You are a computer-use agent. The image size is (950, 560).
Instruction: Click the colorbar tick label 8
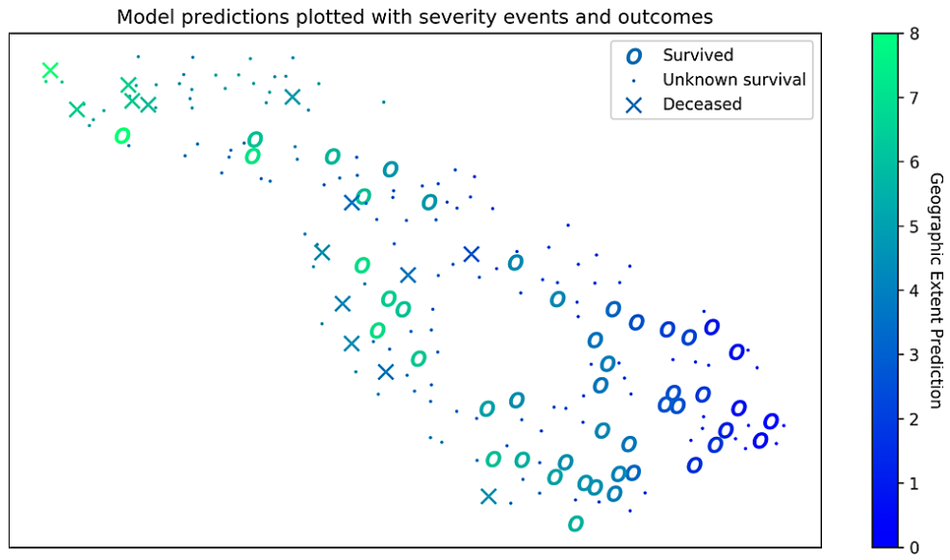coord(914,34)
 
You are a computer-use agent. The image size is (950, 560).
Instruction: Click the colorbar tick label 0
coord(914,547)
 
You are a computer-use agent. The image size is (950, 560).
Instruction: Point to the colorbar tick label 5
coord(914,227)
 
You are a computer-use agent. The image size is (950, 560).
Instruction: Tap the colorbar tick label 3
coord(914,355)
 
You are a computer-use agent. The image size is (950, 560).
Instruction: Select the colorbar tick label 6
coord(914,163)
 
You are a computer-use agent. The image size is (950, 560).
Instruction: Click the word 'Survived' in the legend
coord(698,55)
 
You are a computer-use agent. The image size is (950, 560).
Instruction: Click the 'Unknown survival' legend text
coord(734,80)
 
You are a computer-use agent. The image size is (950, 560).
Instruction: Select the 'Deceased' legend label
coord(703,104)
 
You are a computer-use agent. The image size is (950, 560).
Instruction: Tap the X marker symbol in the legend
coord(633,105)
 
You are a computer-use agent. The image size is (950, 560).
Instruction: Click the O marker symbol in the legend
coord(633,57)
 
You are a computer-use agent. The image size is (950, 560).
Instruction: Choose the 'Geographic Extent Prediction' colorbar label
coord(936,291)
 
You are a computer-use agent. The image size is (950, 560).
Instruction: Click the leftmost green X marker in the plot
coord(50,71)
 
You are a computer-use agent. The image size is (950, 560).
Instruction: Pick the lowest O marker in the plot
coord(577,523)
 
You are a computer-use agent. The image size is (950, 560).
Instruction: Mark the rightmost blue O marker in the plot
coord(771,421)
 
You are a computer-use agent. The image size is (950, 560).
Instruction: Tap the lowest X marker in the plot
coord(488,496)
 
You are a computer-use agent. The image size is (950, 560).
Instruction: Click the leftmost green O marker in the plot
coord(122,136)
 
